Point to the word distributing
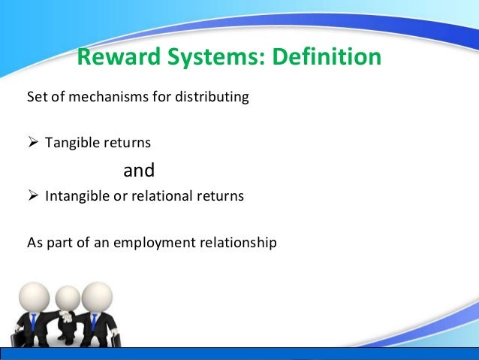point(212,98)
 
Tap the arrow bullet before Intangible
point(33,198)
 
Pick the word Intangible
point(76,198)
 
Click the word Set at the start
point(35,98)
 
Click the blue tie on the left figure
point(34,324)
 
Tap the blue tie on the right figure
point(94,324)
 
